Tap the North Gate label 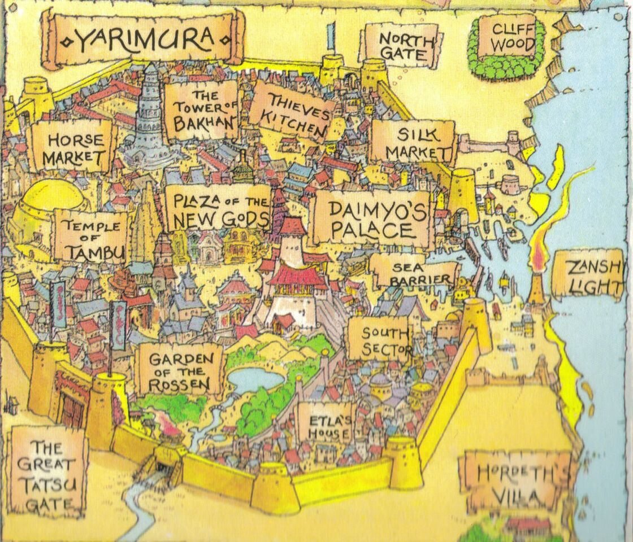(402, 46)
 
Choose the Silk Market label (413, 142)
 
